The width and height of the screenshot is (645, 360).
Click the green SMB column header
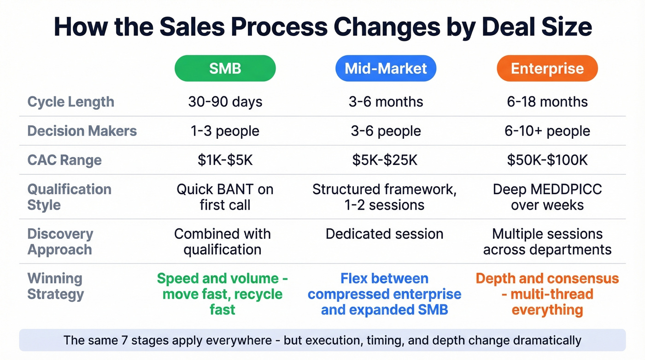click(x=225, y=69)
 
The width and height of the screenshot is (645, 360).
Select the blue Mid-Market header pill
click(x=386, y=69)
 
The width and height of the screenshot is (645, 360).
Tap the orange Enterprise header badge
click(x=547, y=69)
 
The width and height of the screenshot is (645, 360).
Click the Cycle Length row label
click(x=71, y=102)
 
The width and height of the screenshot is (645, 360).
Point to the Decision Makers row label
click(x=82, y=131)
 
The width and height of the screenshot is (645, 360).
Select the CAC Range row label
click(x=64, y=160)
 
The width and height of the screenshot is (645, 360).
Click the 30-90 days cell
click(x=225, y=102)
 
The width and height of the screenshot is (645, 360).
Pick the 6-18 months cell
click(x=547, y=102)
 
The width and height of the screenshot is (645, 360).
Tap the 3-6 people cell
click(x=386, y=131)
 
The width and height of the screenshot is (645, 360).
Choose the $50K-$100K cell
click(x=547, y=160)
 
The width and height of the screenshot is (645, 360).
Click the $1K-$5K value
click(x=225, y=160)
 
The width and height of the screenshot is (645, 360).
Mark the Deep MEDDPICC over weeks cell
click(x=547, y=197)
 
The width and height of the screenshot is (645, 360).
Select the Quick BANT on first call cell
click(x=225, y=197)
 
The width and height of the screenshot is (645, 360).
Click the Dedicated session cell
click(x=384, y=234)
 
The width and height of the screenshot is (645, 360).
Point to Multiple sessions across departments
click(x=547, y=242)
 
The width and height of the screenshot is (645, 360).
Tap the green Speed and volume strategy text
click(x=223, y=294)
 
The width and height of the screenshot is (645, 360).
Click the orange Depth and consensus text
click(x=547, y=294)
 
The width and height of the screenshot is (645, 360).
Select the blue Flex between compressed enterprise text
click(x=384, y=294)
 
